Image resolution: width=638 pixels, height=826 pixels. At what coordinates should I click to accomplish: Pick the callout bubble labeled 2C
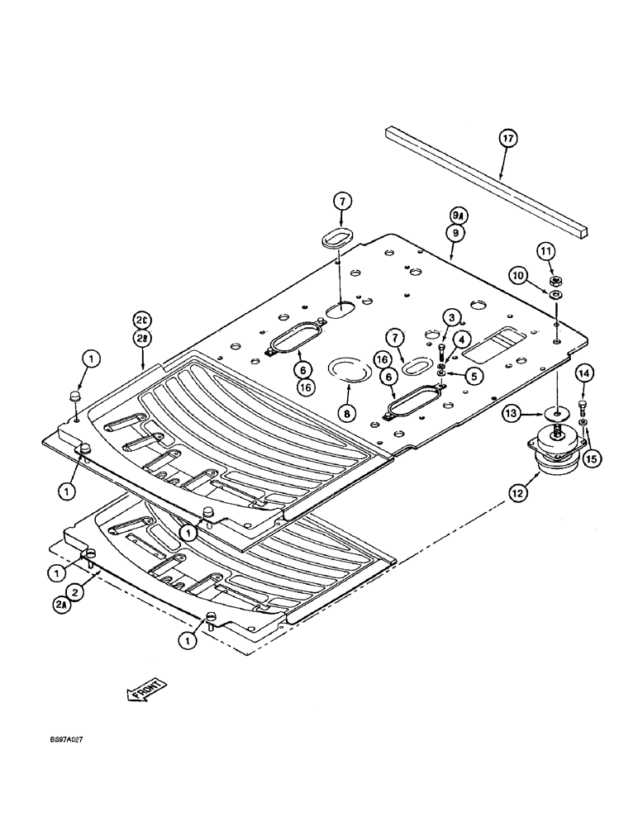pos(142,320)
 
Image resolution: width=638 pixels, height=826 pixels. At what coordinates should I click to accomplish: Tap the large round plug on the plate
pos(350,369)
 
